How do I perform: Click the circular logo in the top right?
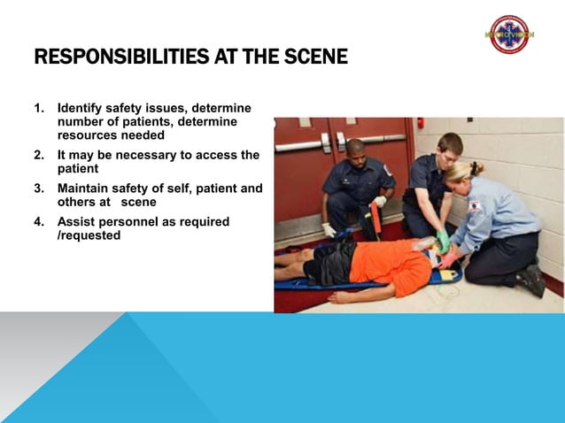point(508,34)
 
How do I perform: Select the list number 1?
point(38,109)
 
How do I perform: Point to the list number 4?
point(38,222)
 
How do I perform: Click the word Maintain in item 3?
point(87,188)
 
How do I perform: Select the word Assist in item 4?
point(75,222)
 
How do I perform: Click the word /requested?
point(89,236)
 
